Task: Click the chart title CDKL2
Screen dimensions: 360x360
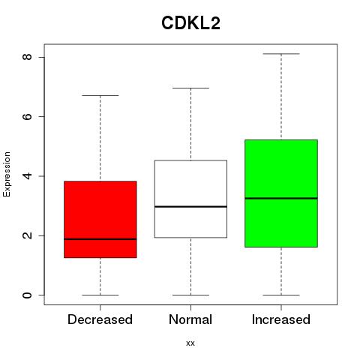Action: pyautogui.click(x=190, y=23)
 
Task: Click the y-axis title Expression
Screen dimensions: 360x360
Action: pyautogui.click(x=7, y=174)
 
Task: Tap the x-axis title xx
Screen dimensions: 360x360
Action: pyautogui.click(x=190, y=343)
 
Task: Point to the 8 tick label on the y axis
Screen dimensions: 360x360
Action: pyautogui.click(x=27, y=57)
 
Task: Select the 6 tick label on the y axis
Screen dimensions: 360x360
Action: pyautogui.click(x=27, y=116)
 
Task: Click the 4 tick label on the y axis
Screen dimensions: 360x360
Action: pyautogui.click(x=27, y=176)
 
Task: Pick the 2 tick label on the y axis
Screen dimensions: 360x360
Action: pyautogui.click(x=27, y=235)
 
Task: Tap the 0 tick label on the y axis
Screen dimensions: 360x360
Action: pyautogui.click(x=27, y=295)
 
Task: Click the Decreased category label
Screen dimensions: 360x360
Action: pyautogui.click(x=100, y=319)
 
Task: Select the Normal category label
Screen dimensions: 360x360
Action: pyautogui.click(x=190, y=319)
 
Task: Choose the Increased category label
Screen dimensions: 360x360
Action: pyautogui.click(x=281, y=319)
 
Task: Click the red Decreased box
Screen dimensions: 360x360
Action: pyautogui.click(x=100, y=219)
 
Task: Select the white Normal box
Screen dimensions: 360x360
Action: pyautogui.click(x=190, y=199)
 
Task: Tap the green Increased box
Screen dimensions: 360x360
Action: pyautogui.click(x=281, y=193)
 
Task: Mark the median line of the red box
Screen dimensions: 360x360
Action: pyautogui.click(x=100, y=239)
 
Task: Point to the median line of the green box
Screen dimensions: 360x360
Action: pyautogui.click(x=281, y=198)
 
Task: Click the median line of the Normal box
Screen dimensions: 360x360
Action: pyautogui.click(x=190, y=206)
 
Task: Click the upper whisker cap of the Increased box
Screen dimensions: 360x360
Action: pyautogui.click(x=281, y=54)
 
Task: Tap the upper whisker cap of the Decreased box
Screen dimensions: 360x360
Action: pyautogui.click(x=100, y=95)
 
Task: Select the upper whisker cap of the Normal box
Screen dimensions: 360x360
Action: pyautogui.click(x=190, y=88)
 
